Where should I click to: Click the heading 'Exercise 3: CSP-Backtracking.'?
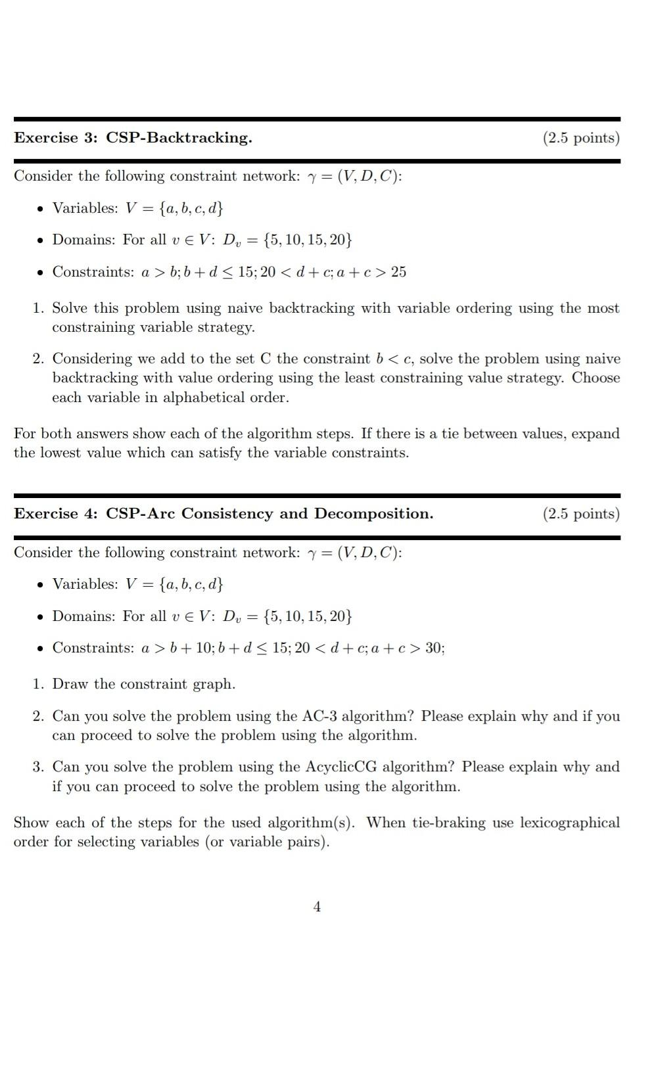(x=133, y=138)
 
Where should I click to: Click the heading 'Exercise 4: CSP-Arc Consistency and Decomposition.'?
(x=223, y=514)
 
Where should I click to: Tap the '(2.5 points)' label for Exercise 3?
(x=581, y=138)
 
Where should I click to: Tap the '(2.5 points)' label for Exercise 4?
(x=581, y=514)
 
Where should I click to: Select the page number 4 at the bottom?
(x=317, y=907)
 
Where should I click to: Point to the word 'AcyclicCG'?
(x=341, y=767)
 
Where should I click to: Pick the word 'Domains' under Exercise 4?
(x=84, y=616)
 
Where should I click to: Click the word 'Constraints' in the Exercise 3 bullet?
(x=93, y=272)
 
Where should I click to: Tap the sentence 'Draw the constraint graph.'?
(x=143, y=684)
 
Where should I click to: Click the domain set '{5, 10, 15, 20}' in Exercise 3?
(x=307, y=240)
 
